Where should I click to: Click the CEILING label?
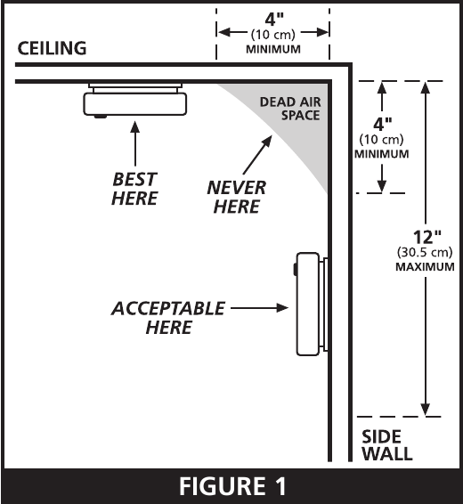point(52,48)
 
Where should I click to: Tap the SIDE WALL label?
point(386,445)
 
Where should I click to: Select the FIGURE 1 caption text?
point(232,486)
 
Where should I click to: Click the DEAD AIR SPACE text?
point(290,109)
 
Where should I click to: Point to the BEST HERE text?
point(134,189)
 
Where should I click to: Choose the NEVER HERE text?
point(237,197)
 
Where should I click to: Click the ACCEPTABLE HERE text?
point(168,318)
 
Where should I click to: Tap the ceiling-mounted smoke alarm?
point(135,100)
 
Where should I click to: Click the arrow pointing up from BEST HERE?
point(135,143)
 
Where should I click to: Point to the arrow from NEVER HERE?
point(257,155)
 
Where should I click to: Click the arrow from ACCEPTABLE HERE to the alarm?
point(259,308)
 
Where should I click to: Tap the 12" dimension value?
point(427,238)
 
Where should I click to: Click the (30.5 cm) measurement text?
point(425,252)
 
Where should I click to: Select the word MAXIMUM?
point(425,267)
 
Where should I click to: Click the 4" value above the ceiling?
point(274,20)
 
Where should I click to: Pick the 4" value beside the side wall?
point(382,124)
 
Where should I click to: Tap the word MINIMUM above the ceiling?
point(273,49)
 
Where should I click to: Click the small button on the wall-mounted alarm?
point(295,269)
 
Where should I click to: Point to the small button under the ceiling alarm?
point(101,117)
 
